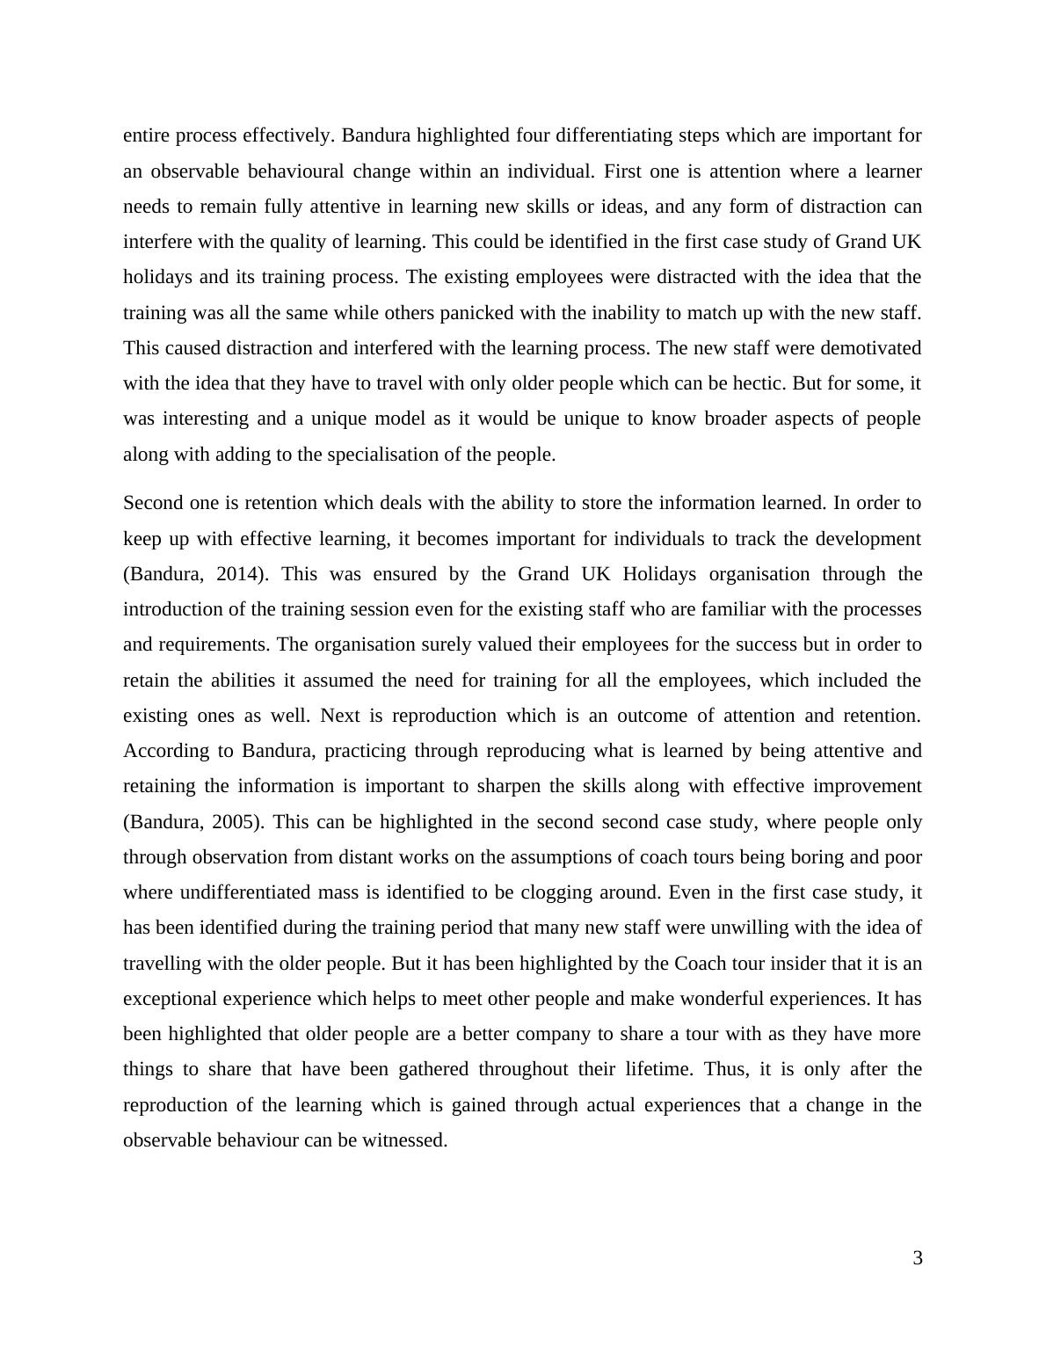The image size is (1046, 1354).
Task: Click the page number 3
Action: [917, 1258]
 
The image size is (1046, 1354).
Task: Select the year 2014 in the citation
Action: [241, 574]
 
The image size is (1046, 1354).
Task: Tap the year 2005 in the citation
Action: [241, 822]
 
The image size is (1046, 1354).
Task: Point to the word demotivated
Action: [871, 348]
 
